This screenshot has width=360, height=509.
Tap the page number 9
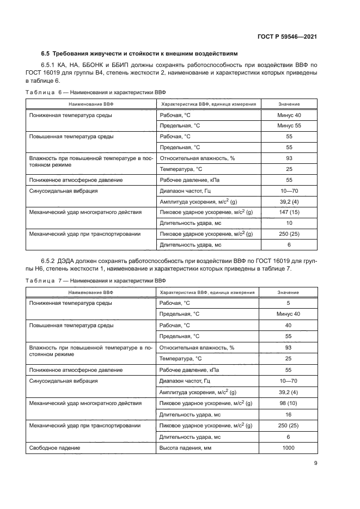click(x=316, y=463)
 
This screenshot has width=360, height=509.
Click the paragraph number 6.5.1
click(x=50, y=65)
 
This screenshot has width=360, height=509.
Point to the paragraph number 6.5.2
click(x=50, y=261)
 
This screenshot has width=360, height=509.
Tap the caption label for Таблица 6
click(x=41, y=92)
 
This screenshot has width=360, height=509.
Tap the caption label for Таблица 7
click(x=41, y=280)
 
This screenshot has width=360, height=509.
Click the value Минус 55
click(x=289, y=126)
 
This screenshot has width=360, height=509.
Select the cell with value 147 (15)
click(x=289, y=212)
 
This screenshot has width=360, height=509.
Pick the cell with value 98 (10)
click(x=289, y=403)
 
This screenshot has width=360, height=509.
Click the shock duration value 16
click(x=289, y=414)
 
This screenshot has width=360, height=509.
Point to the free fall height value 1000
click(x=289, y=448)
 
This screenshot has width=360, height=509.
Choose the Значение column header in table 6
click(x=289, y=103)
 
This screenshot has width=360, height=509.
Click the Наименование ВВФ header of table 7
click(x=90, y=292)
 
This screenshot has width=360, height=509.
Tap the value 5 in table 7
click(x=289, y=303)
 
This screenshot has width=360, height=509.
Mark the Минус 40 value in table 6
click(x=289, y=115)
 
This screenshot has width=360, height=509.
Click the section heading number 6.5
click(x=45, y=54)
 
